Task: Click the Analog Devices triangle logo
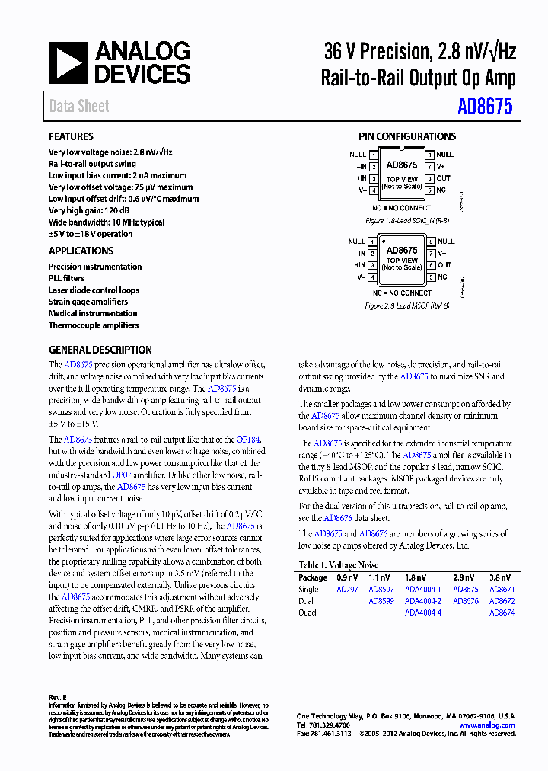coord(68,62)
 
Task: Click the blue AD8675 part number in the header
coord(485,106)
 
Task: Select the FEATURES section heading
coord(71,137)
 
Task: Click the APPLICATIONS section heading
coord(81,251)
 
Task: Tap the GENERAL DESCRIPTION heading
coord(100,350)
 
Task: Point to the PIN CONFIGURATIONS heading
coord(407,137)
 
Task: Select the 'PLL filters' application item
coord(66,278)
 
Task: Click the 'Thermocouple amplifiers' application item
coord(94,325)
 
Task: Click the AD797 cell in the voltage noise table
coord(346,590)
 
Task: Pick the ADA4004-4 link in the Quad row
coord(422,613)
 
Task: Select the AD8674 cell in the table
coord(502,613)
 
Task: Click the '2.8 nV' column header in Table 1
coord(464,578)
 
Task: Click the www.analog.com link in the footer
coord(487,725)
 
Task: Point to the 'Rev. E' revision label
coord(58,698)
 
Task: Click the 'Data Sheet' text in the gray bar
coord(79,107)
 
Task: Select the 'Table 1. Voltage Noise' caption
coord(338,565)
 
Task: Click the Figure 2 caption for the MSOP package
coord(406,306)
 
